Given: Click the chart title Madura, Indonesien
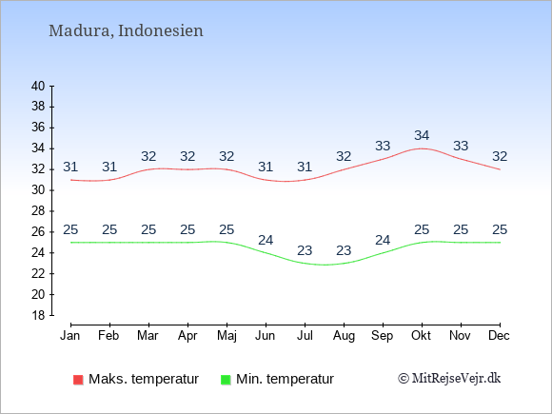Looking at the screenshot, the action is coord(126,31).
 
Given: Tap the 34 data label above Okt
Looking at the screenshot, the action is coord(422,135).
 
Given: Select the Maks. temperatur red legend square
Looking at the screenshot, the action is coord(78,380).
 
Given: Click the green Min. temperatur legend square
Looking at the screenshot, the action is coord(226,380).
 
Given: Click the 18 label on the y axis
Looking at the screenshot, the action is coord(38,315).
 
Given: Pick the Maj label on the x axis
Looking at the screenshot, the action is coord(227,336).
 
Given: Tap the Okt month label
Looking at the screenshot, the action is coord(421,336).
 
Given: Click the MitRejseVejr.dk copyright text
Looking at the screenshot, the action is coord(449,379).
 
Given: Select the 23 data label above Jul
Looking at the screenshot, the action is coord(305,250).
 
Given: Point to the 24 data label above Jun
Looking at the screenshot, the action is coord(266,240).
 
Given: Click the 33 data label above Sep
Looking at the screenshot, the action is coord(383,146).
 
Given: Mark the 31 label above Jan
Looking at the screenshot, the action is coord(70,167).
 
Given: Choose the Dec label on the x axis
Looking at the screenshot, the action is coord(500,336).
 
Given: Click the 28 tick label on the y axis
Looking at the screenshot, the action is coord(38,211).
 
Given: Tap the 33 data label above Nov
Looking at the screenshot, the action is coord(461,146).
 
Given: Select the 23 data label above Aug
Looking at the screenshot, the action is coord(344,250).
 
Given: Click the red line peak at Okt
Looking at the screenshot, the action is coord(422,148).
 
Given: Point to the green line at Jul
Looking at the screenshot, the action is coord(305,264).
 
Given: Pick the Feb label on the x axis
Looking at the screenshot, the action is coord(108,336).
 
